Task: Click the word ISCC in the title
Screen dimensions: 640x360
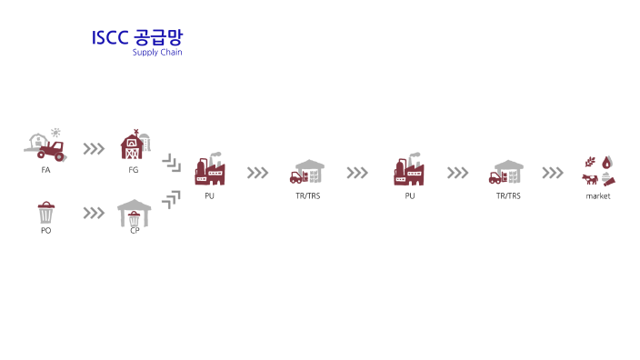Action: coord(110,38)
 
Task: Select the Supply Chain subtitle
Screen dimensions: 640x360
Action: coord(157,53)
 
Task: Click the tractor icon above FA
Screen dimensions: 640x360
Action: coord(45,145)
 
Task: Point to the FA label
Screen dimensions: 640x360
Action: coord(45,170)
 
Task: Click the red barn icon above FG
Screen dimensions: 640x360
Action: coord(133,145)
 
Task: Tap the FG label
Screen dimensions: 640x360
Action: coord(134,170)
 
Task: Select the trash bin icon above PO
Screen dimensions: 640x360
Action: coord(45,214)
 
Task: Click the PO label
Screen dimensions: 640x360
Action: coord(45,231)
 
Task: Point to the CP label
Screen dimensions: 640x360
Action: coord(134,231)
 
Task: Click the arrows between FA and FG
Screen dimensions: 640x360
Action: coord(94,149)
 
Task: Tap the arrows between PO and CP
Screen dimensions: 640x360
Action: coord(94,214)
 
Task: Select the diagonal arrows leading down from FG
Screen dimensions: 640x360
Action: coord(171,164)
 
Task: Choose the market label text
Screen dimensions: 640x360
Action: coord(598,195)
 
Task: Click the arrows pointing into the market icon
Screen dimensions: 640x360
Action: coord(553,173)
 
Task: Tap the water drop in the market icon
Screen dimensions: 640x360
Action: coord(607,162)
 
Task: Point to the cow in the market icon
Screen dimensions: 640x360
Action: coord(591,179)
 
